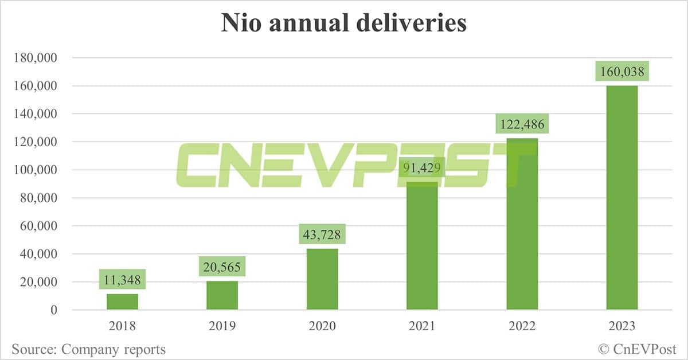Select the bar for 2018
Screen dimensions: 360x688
click(122, 302)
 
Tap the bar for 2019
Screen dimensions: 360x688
click(222, 295)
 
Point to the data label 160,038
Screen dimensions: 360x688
click(621, 72)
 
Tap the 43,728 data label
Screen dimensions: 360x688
click(322, 236)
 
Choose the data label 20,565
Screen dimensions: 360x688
click(222, 268)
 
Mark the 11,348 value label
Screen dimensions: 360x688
click(122, 281)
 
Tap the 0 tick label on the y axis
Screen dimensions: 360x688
click(54, 310)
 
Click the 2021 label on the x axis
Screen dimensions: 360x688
click(422, 327)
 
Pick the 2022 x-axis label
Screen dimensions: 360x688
click(522, 327)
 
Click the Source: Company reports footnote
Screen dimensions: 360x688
click(88, 349)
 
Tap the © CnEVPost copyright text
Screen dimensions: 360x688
click(638, 349)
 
